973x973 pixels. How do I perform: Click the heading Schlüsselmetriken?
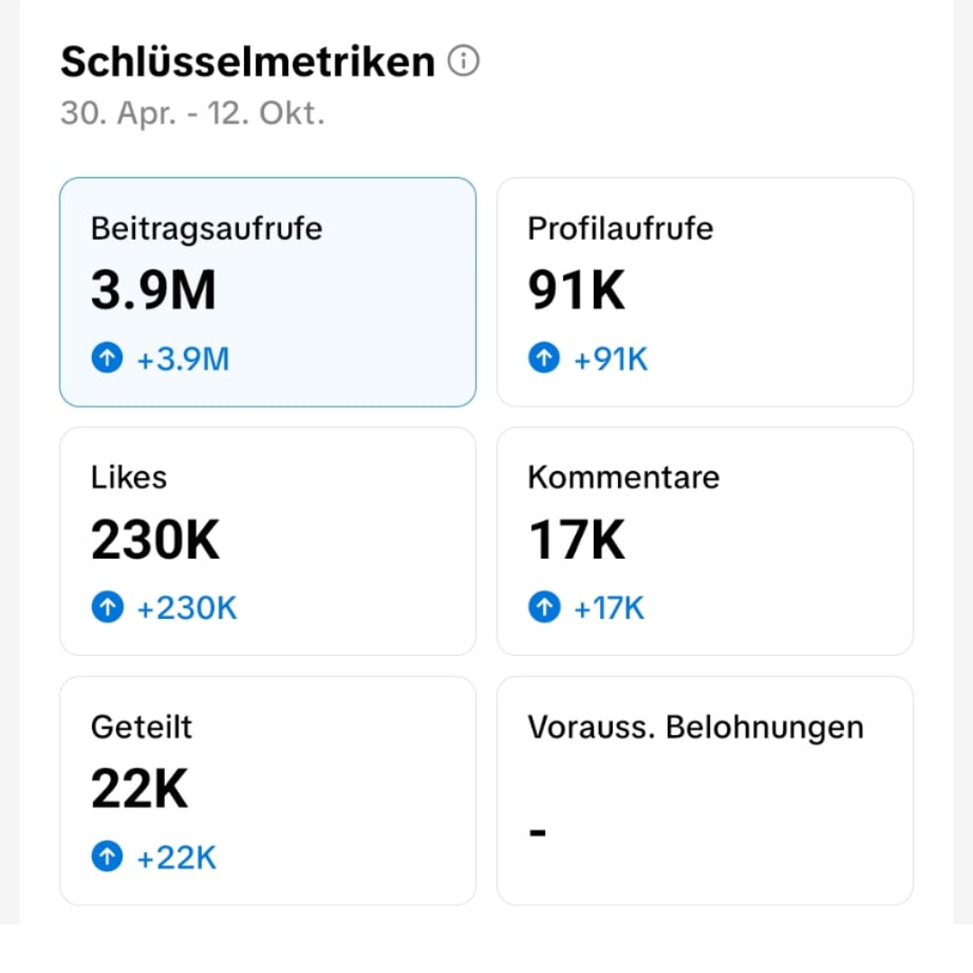(248, 62)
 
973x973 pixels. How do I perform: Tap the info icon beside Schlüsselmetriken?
(463, 61)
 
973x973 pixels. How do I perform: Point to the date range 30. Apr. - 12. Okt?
(192, 114)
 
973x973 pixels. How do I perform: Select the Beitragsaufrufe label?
(206, 229)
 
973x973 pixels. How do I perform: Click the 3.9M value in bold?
(153, 291)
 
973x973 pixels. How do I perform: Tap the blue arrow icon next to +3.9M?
(106, 359)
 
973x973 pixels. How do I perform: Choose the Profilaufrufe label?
(620, 229)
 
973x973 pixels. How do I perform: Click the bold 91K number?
(576, 291)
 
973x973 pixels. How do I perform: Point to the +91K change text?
(611, 359)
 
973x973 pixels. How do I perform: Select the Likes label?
(129, 477)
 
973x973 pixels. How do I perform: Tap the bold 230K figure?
(155, 541)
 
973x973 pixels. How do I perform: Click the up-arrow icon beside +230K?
(106, 608)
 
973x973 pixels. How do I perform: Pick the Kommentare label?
(623, 477)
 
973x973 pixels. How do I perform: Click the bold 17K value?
(576, 541)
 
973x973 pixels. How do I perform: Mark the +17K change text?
(609, 608)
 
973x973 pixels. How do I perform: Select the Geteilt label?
(141, 727)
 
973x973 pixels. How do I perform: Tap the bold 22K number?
(140, 790)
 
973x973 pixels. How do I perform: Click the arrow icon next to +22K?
(106, 858)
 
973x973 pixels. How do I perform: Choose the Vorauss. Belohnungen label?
(696, 727)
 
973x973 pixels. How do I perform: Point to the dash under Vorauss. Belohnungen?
(538, 832)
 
